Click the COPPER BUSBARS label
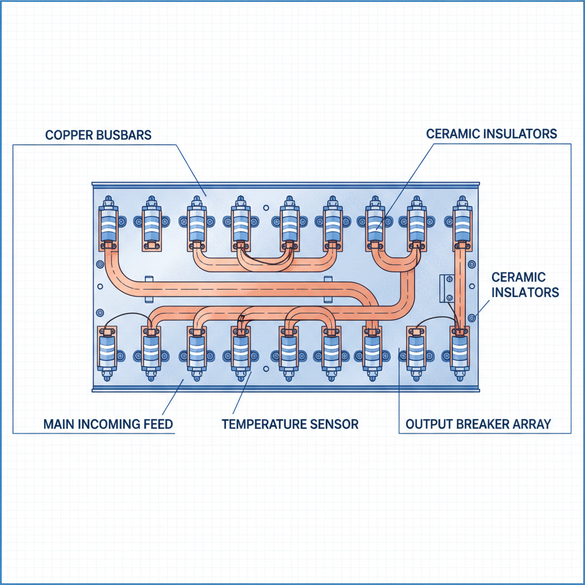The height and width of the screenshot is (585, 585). (x=98, y=135)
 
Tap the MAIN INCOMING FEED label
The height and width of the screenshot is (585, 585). (x=108, y=424)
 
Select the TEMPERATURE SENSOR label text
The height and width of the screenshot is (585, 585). (x=290, y=424)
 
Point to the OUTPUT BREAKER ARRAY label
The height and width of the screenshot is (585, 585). (x=478, y=424)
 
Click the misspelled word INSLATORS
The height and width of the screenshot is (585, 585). (x=526, y=292)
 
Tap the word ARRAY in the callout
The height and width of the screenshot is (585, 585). (x=532, y=424)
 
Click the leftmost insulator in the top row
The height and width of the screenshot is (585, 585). (x=109, y=223)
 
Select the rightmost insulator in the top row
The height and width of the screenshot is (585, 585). (x=462, y=223)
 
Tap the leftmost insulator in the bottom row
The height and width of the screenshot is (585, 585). (x=107, y=353)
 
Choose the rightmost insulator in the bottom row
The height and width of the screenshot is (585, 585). (x=460, y=353)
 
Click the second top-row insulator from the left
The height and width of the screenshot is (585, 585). (x=151, y=223)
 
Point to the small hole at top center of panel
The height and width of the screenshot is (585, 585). (x=266, y=208)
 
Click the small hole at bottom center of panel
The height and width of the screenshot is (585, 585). (x=266, y=368)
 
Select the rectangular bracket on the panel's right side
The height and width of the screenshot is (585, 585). (x=447, y=289)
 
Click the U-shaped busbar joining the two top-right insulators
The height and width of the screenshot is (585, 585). (x=396, y=261)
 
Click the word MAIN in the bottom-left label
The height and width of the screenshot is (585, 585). (x=56, y=424)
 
